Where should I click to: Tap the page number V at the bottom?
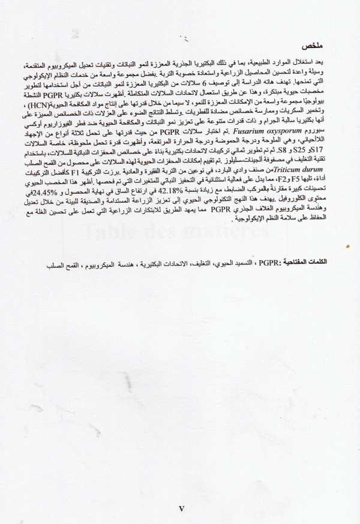tap(182, 508)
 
